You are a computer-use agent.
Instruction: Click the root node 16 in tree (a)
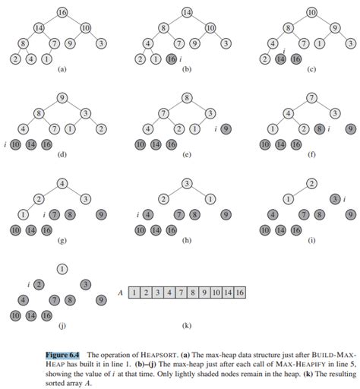point(62,13)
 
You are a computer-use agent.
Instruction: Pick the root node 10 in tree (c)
point(311,13)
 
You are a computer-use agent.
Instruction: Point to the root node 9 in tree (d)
point(62,98)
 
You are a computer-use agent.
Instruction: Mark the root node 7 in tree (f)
point(311,98)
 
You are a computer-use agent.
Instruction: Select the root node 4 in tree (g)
point(62,184)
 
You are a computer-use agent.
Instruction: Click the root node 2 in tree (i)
point(311,184)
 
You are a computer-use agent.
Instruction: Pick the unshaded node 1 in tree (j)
point(62,268)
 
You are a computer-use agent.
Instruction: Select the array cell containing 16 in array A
point(239,291)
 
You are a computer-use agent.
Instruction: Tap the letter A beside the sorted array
point(120,291)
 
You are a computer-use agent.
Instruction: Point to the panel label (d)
point(62,156)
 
